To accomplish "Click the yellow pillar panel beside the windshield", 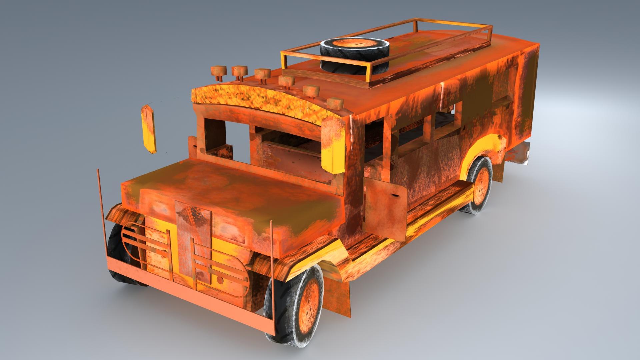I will coord(332,147).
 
